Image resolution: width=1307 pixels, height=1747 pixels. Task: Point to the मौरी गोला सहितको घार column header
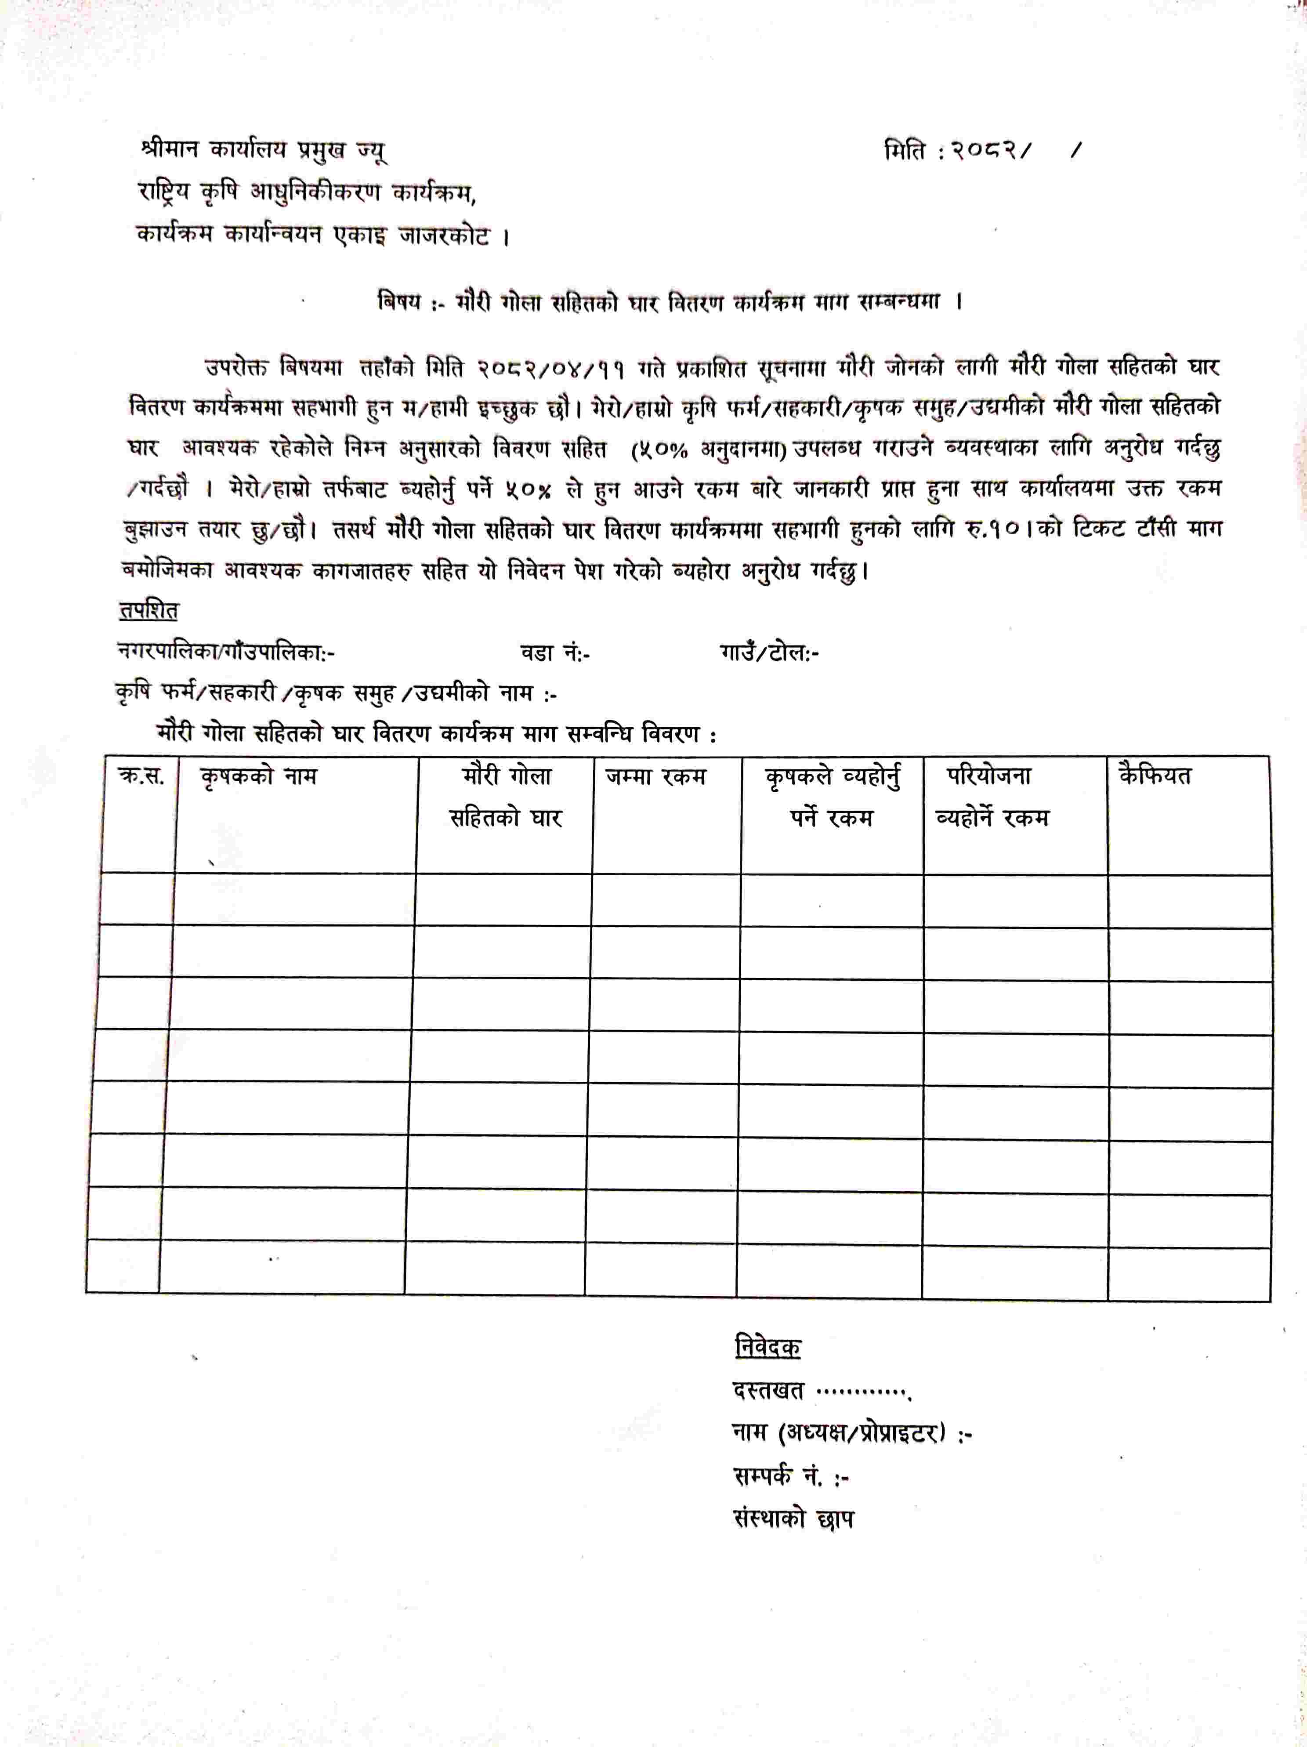tap(505, 796)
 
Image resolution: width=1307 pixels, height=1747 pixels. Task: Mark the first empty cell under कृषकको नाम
tap(294, 899)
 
